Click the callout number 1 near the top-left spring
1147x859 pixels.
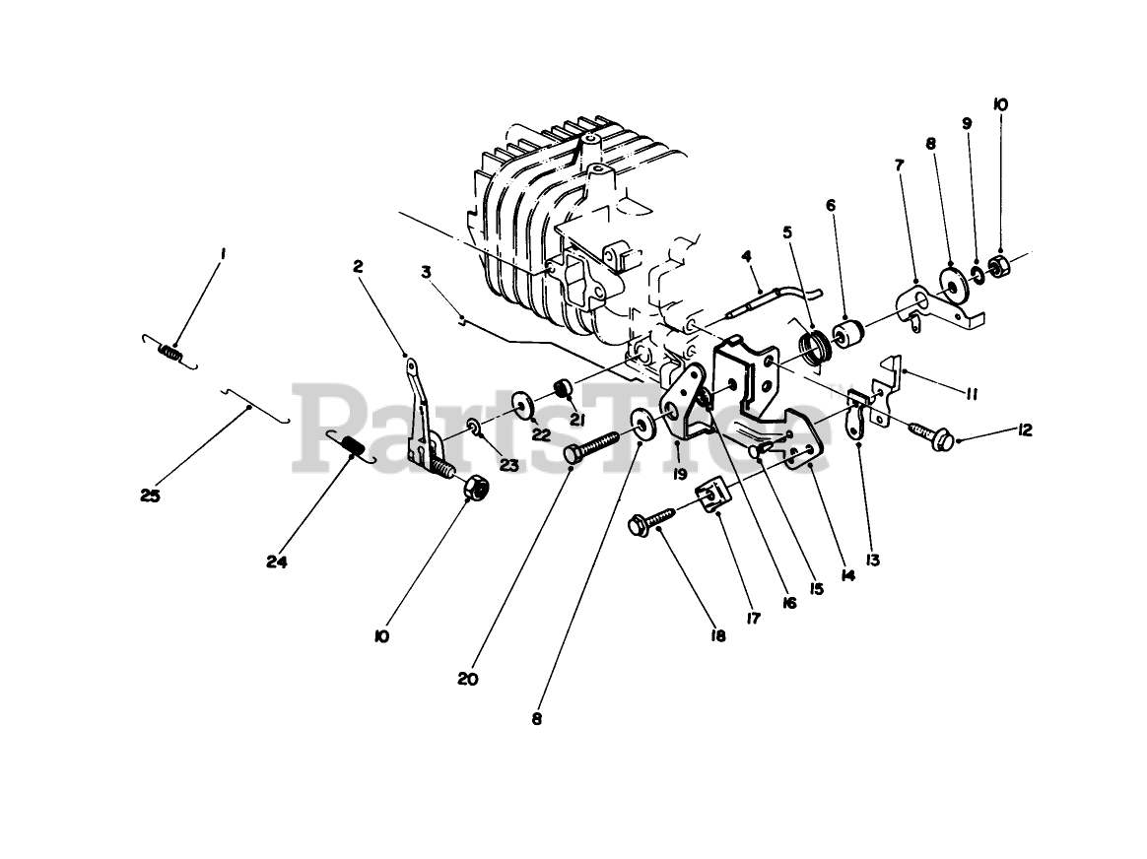[224, 253]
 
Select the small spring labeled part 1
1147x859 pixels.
[170, 350]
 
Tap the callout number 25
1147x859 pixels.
[150, 496]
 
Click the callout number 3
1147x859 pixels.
[426, 270]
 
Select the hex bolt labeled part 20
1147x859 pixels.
[591, 441]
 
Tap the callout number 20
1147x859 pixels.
[468, 678]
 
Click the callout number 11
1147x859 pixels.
[972, 394]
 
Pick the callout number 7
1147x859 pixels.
[898, 165]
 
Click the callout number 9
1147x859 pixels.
[967, 123]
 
